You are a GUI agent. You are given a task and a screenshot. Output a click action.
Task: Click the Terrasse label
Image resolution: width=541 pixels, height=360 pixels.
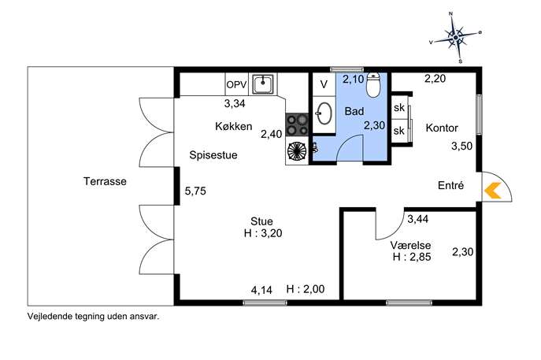[x=105, y=181]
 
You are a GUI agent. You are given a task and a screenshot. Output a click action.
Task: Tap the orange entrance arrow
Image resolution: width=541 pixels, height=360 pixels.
[x=492, y=191]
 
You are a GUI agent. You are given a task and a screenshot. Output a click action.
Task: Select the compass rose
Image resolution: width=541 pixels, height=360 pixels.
[x=455, y=37]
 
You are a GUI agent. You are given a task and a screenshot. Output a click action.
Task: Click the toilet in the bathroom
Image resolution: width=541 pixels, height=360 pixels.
[x=373, y=84]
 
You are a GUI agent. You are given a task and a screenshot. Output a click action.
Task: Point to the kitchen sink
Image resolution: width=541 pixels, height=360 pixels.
[x=263, y=84]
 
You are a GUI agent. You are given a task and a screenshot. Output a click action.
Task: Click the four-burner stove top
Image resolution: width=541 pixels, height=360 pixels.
[x=297, y=124]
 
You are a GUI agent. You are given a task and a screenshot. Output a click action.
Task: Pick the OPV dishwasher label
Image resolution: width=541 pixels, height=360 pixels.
[x=236, y=84]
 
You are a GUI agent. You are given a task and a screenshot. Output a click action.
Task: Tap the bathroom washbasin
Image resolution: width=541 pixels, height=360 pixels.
[x=324, y=113]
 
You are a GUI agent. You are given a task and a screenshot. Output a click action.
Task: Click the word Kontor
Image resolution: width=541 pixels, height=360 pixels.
[x=442, y=128]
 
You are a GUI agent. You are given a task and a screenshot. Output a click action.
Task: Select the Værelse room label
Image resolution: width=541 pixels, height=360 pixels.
[x=410, y=245]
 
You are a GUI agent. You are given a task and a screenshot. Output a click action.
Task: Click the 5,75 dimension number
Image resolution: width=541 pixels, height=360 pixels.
[x=195, y=191]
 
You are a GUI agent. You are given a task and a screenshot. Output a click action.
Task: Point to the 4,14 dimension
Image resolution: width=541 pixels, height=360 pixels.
[x=261, y=290]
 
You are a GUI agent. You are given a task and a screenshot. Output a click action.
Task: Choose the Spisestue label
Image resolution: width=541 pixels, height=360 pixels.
[x=213, y=155]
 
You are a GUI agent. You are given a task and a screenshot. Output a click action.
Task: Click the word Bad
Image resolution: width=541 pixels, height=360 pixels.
[x=354, y=111]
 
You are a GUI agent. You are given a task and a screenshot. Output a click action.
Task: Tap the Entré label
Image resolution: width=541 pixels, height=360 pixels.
[x=450, y=185]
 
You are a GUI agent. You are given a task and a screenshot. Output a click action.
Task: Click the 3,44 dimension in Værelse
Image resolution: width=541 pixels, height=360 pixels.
[x=418, y=219]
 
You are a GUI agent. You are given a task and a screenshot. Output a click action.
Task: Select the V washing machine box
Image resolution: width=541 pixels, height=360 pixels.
[x=324, y=84]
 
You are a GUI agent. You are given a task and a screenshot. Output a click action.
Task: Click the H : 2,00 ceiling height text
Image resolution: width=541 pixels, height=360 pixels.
[x=306, y=289]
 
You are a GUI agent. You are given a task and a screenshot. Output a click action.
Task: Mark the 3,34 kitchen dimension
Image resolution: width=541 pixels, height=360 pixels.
[x=235, y=103]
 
